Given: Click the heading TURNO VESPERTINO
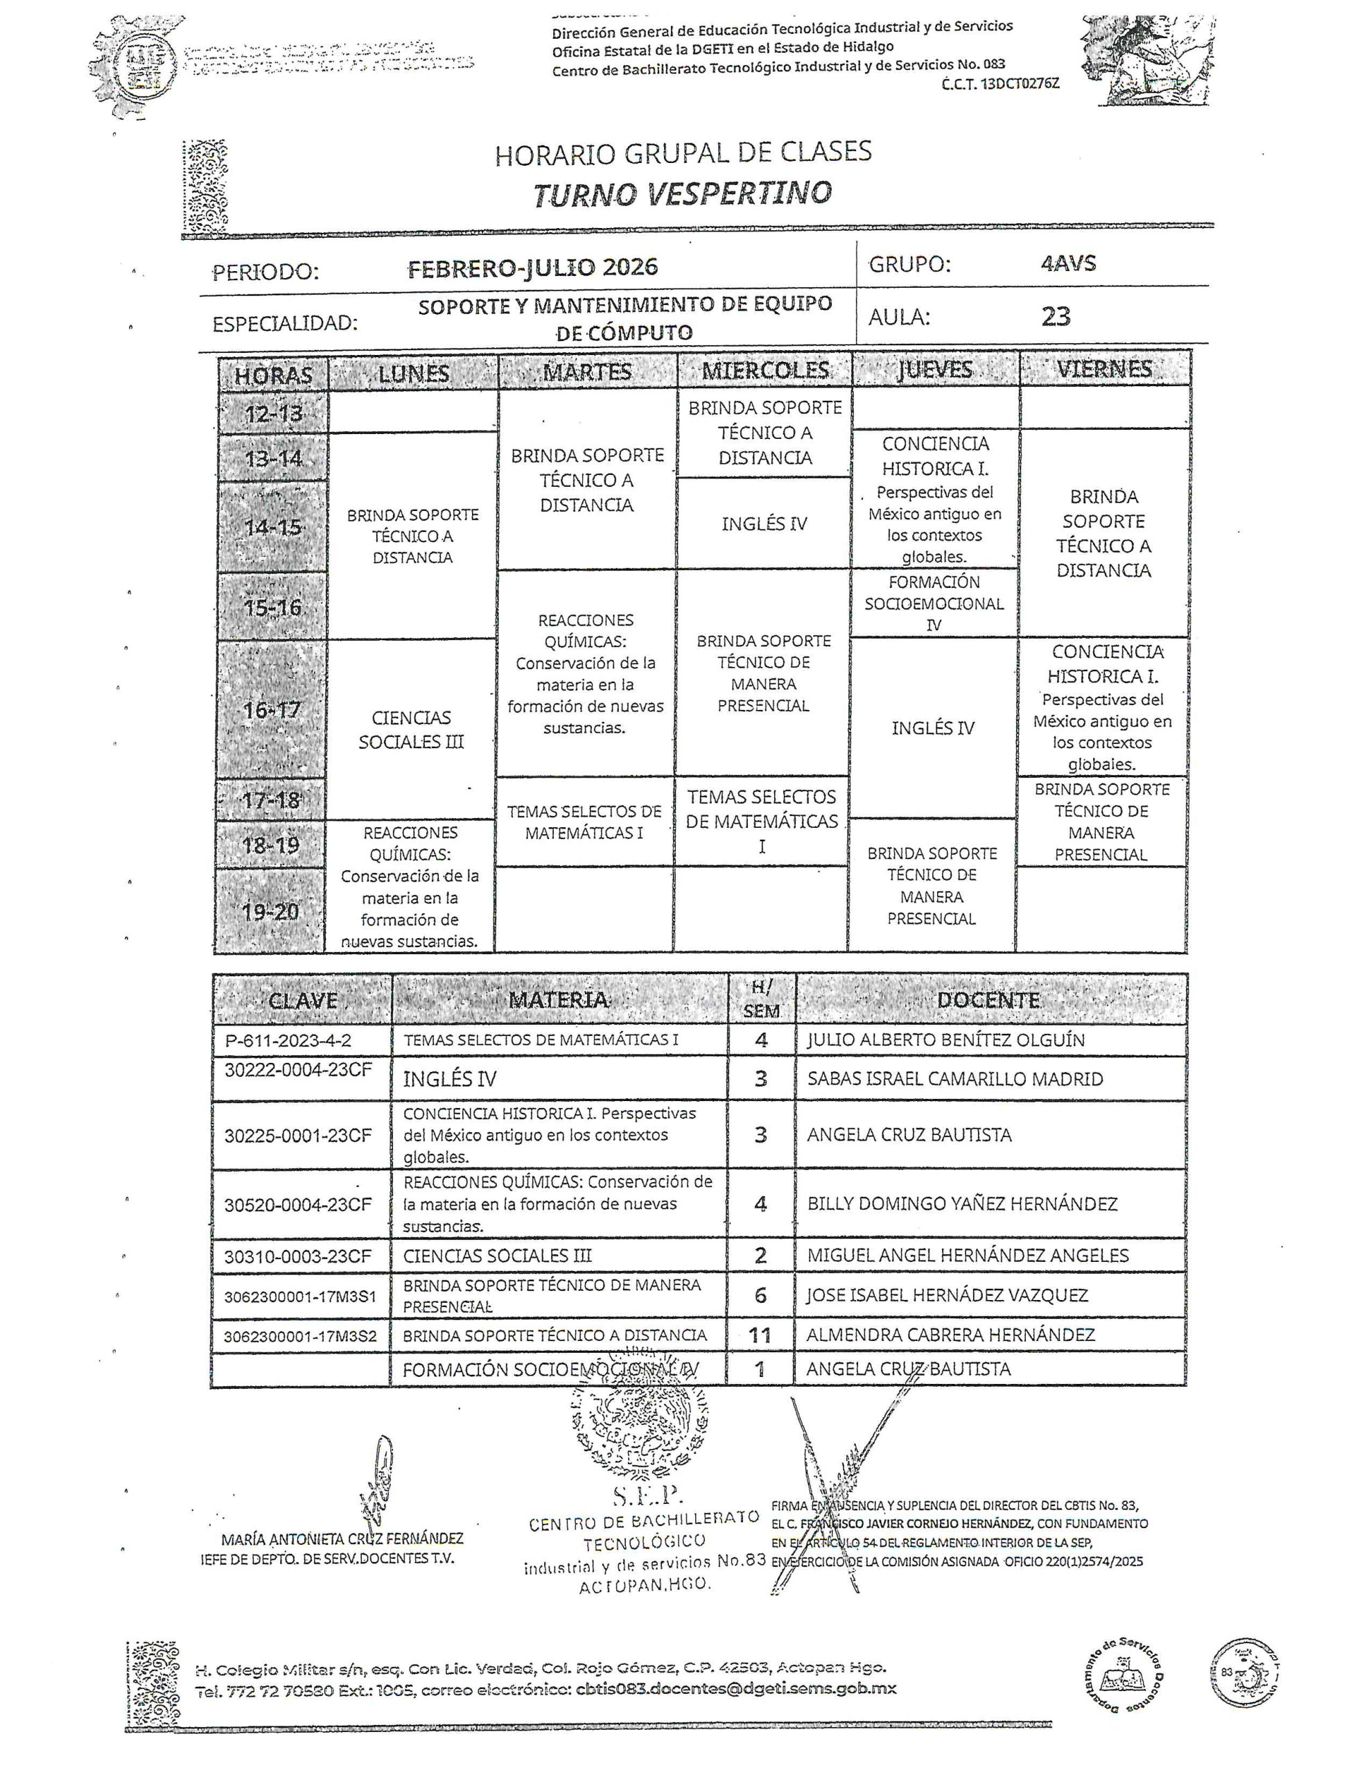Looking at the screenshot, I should [683, 193].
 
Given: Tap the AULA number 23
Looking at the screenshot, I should [1056, 316].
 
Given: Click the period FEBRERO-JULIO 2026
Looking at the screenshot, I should [532, 268].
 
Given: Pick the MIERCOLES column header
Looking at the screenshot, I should [765, 371].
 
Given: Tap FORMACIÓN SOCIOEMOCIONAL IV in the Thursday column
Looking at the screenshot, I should [934, 603].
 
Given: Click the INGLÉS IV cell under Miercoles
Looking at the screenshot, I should [764, 523].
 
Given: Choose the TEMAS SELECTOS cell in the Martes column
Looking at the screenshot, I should [584, 822].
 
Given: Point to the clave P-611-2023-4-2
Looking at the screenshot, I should [288, 1040].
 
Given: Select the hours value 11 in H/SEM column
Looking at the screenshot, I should [760, 1335].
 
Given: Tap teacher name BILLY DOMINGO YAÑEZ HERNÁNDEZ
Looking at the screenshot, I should [962, 1204].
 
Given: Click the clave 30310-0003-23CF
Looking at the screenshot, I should [297, 1256].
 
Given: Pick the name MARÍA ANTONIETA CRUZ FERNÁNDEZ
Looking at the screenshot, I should [342, 1539].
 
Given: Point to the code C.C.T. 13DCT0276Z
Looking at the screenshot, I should [1000, 84].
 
